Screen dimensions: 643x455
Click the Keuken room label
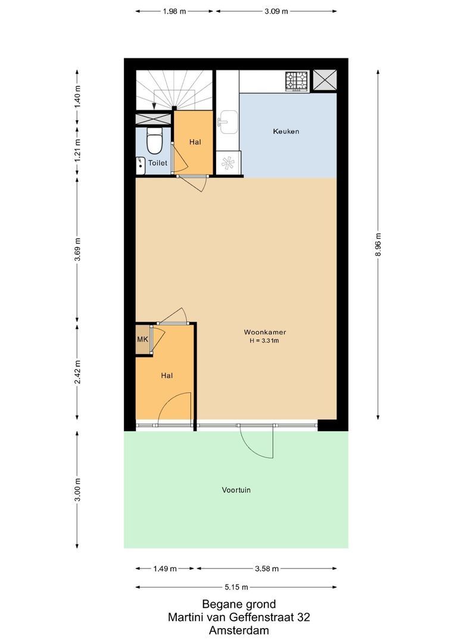coord(286,131)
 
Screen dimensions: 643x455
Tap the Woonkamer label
coord(265,332)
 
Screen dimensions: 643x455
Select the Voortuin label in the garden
coord(236,490)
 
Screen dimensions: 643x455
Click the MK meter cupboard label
coord(142,339)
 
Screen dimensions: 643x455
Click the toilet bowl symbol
coord(155,142)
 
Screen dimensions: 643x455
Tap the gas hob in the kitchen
coord(296,81)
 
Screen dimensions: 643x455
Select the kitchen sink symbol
coord(227,121)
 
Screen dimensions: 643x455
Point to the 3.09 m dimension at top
coord(276,11)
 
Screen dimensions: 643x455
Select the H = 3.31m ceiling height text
coord(265,341)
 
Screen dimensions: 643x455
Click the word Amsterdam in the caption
coord(239,630)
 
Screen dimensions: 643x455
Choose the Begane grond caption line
coord(239,604)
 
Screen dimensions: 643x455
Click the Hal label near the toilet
coord(195,142)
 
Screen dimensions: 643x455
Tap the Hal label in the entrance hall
coord(167,376)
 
